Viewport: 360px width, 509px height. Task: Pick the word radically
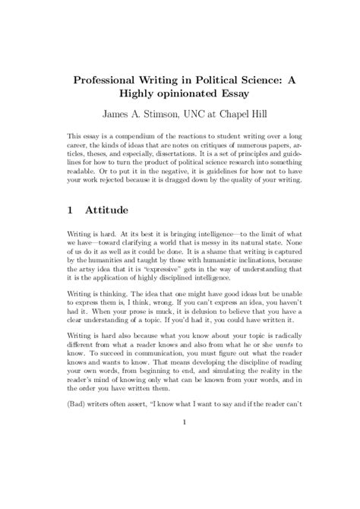click(x=270, y=389)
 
